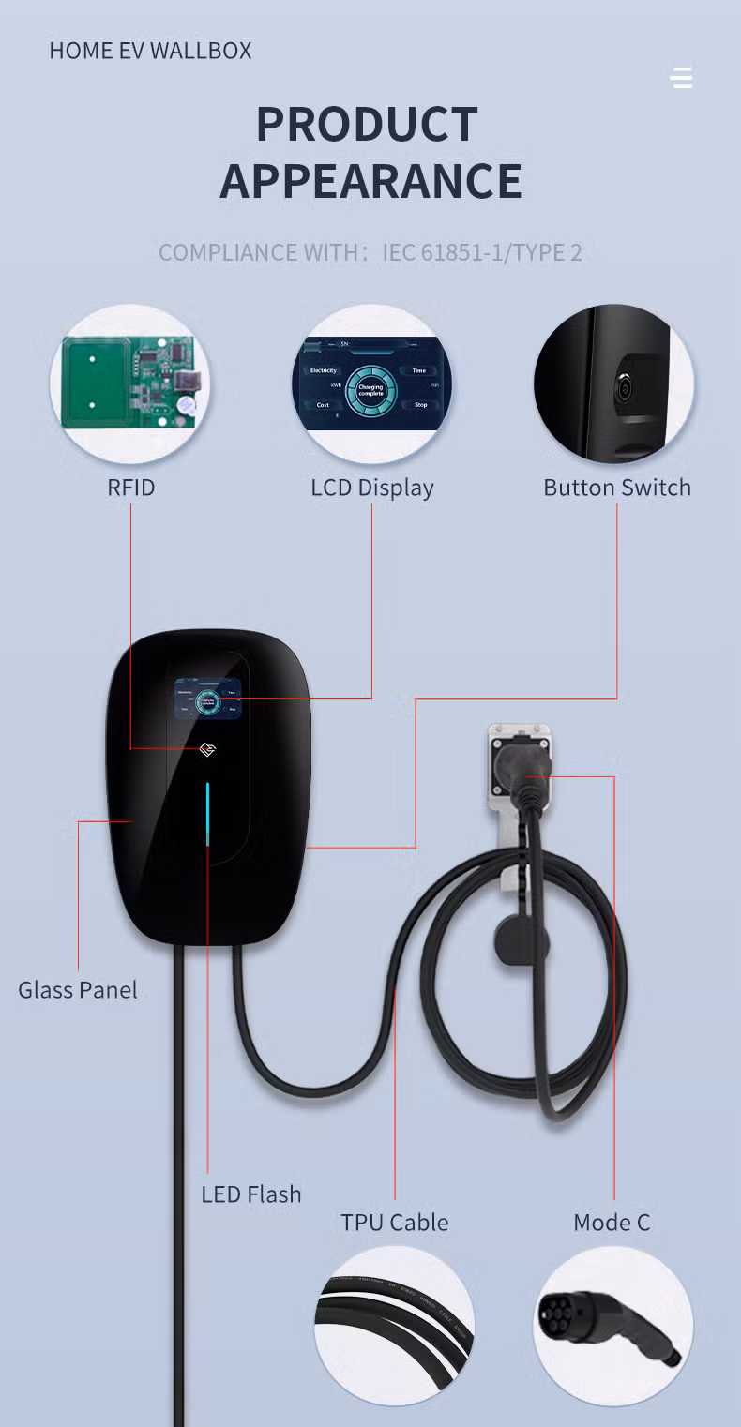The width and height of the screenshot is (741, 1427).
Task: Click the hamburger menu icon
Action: (682, 78)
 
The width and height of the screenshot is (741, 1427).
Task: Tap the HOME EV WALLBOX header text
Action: (150, 51)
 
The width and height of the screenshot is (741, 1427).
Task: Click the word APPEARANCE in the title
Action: (370, 181)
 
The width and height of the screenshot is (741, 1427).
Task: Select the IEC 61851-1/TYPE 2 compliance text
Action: (482, 252)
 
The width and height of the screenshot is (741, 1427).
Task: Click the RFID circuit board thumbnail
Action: (129, 384)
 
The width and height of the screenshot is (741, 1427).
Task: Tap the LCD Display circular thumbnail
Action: (371, 384)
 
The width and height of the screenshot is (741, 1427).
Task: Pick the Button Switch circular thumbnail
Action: (614, 384)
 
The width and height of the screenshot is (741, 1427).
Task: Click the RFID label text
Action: (130, 488)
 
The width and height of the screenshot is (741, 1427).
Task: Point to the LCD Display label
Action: (371, 488)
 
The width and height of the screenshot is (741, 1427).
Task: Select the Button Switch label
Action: (616, 488)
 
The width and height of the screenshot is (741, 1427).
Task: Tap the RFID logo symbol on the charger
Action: (208, 750)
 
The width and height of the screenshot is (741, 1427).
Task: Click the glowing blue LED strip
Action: (208, 814)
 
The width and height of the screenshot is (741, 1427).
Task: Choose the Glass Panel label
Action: (78, 990)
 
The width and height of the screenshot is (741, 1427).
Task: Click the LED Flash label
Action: (250, 1194)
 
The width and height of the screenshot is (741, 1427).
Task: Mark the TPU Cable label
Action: (394, 1223)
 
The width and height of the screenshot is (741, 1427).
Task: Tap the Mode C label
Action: (612, 1223)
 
